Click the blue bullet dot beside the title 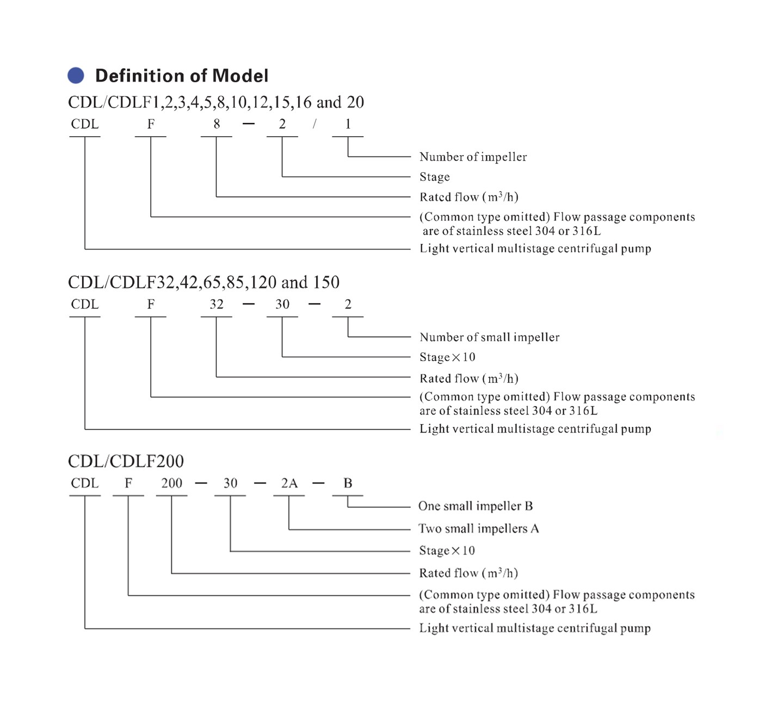pyautogui.click(x=76, y=75)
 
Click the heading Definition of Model pyautogui.click(x=181, y=76)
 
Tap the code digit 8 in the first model pyautogui.click(x=217, y=124)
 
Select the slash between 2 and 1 pyautogui.click(x=314, y=124)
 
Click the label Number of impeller pyautogui.click(x=473, y=157)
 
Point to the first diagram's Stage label pyautogui.click(x=434, y=177)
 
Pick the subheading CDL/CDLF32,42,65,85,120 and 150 pyautogui.click(x=203, y=282)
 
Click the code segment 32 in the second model pyautogui.click(x=217, y=304)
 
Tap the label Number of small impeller pyautogui.click(x=489, y=337)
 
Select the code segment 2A pyautogui.click(x=289, y=484)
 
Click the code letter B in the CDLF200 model pyautogui.click(x=348, y=484)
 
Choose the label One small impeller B pyautogui.click(x=475, y=506)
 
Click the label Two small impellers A pyautogui.click(x=478, y=528)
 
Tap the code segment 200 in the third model pyautogui.click(x=171, y=484)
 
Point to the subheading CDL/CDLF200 pyautogui.click(x=126, y=461)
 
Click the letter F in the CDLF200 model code pyautogui.click(x=128, y=484)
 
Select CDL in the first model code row pyautogui.click(x=85, y=124)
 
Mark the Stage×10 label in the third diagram pyautogui.click(x=447, y=551)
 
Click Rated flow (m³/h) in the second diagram pyautogui.click(x=468, y=379)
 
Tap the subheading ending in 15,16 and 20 pyautogui.click(x=216, y=102)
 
